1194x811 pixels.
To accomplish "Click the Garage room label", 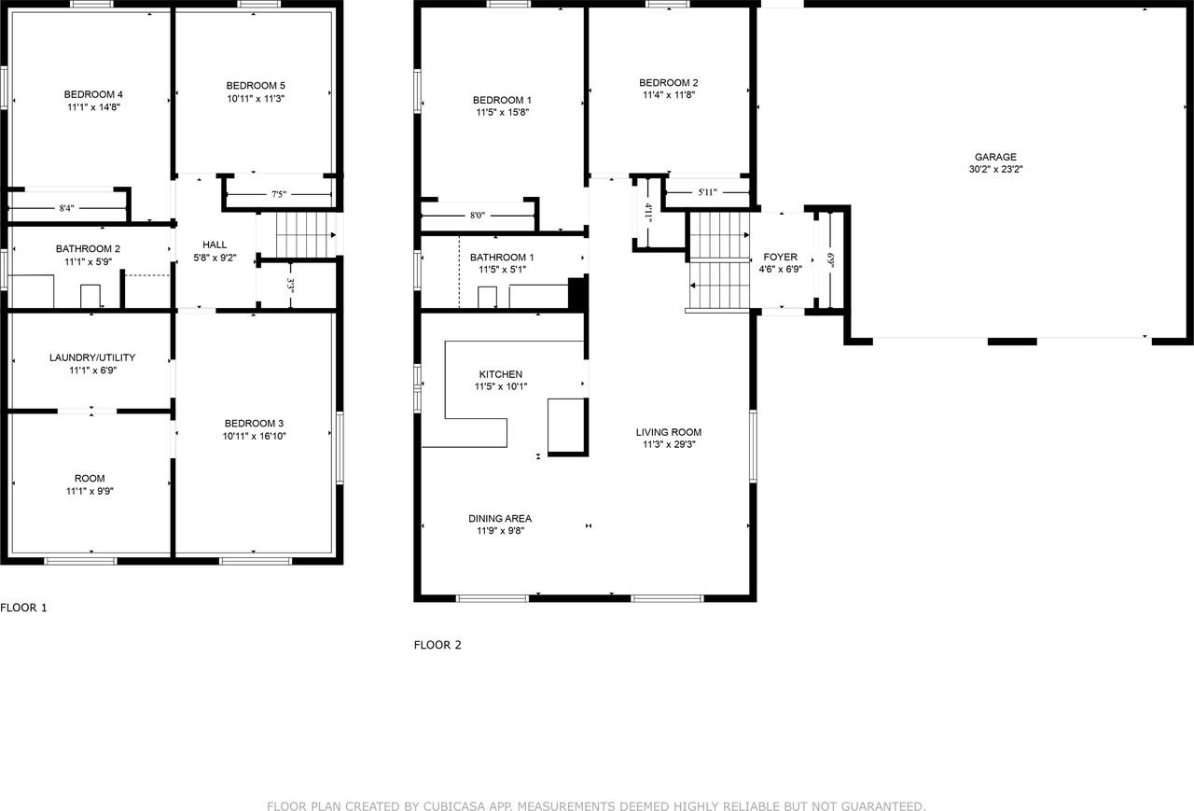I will pos(995,157).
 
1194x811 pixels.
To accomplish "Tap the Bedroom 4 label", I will pos(93,94).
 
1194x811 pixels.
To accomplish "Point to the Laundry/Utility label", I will pos(92,357).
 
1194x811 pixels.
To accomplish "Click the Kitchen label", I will pos(502,374).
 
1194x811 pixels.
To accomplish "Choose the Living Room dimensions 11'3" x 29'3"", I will pos(668,445).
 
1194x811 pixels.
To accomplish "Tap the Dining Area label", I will pos(500,519).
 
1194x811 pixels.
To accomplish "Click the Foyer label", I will pos(780,257).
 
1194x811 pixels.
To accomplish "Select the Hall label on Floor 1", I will pos(215,245).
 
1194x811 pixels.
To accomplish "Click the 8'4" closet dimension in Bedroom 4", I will pos(66,208).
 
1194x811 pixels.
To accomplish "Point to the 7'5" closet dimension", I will pos(279,195).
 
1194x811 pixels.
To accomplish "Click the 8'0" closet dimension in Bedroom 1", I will pos(477,216).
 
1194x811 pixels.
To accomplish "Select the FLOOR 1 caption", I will pos(23,608).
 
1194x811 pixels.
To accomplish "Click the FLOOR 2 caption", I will pos(437,645).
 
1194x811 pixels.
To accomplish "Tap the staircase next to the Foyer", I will pos(719,261).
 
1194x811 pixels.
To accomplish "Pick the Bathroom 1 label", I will pos(502,258).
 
